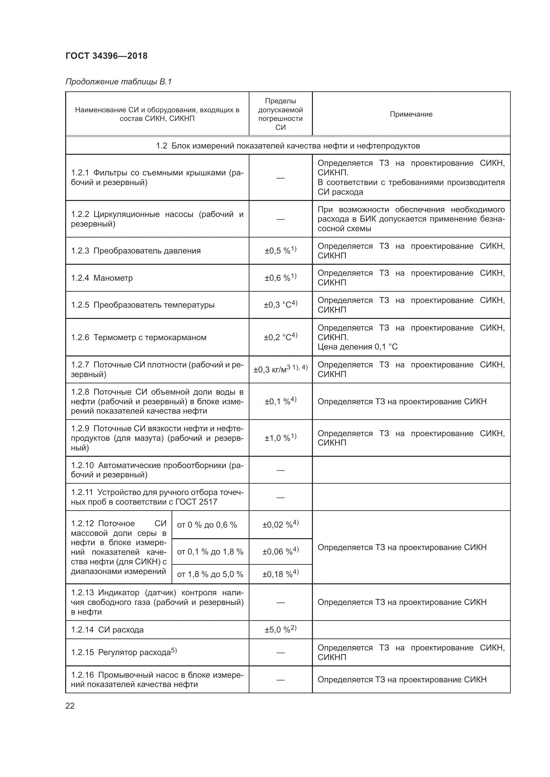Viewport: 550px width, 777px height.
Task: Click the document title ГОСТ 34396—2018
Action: coord(106,56)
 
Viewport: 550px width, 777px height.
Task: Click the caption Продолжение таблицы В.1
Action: coord(118,82)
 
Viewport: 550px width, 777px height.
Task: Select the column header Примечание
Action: coord(411,114)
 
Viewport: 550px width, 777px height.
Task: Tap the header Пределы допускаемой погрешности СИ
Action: coord(280,114)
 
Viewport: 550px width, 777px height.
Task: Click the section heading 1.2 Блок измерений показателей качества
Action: coord(288,146)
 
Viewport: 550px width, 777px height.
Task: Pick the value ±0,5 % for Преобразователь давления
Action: coord(280,251)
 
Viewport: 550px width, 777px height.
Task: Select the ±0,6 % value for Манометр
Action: coord(280,278)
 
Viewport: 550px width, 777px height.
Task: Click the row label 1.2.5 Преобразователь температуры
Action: coord(143,305)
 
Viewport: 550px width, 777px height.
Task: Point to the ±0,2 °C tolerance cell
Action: coord(280,337)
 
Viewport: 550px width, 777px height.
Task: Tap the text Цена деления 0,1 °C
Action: coord(357,347)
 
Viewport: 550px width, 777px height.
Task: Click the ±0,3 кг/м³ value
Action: coord(280,369)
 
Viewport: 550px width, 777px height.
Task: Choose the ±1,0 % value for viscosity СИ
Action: coord(280,438)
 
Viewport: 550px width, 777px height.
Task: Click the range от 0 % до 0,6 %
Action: coord(206,525)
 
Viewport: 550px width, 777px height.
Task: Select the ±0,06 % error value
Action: coord(280,552)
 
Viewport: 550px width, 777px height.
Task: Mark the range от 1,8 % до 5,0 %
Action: coord(210,574)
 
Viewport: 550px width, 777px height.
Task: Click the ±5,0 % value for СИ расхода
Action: coord(280,630)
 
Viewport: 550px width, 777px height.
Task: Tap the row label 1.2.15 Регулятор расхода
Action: coord(124,652)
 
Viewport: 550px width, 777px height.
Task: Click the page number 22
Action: coord(70,706)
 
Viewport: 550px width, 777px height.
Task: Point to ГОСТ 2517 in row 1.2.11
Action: coord(196,502)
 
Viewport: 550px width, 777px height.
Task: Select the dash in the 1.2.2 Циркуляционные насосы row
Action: coord(280,219)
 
